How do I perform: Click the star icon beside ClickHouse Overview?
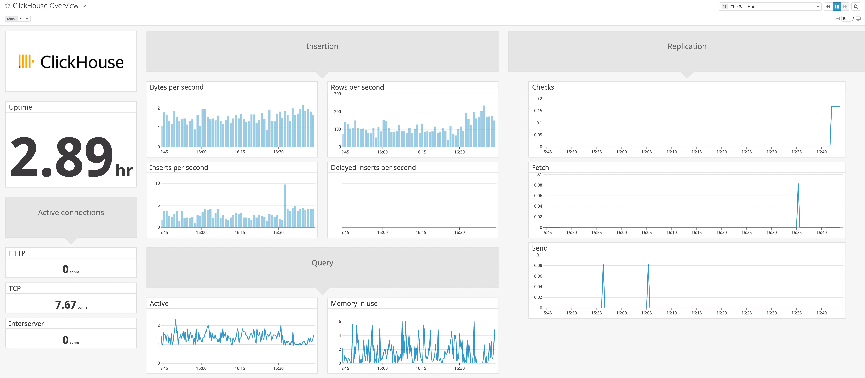coord(7,6)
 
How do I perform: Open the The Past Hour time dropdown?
coord(770,7)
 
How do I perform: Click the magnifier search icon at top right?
coord(856,7)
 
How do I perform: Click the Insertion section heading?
coord(322,46)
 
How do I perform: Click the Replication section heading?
coord(687,46)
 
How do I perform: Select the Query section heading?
coord(322,263)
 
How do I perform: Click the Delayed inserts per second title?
coord(373,168)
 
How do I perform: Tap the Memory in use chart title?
coord(354,303)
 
